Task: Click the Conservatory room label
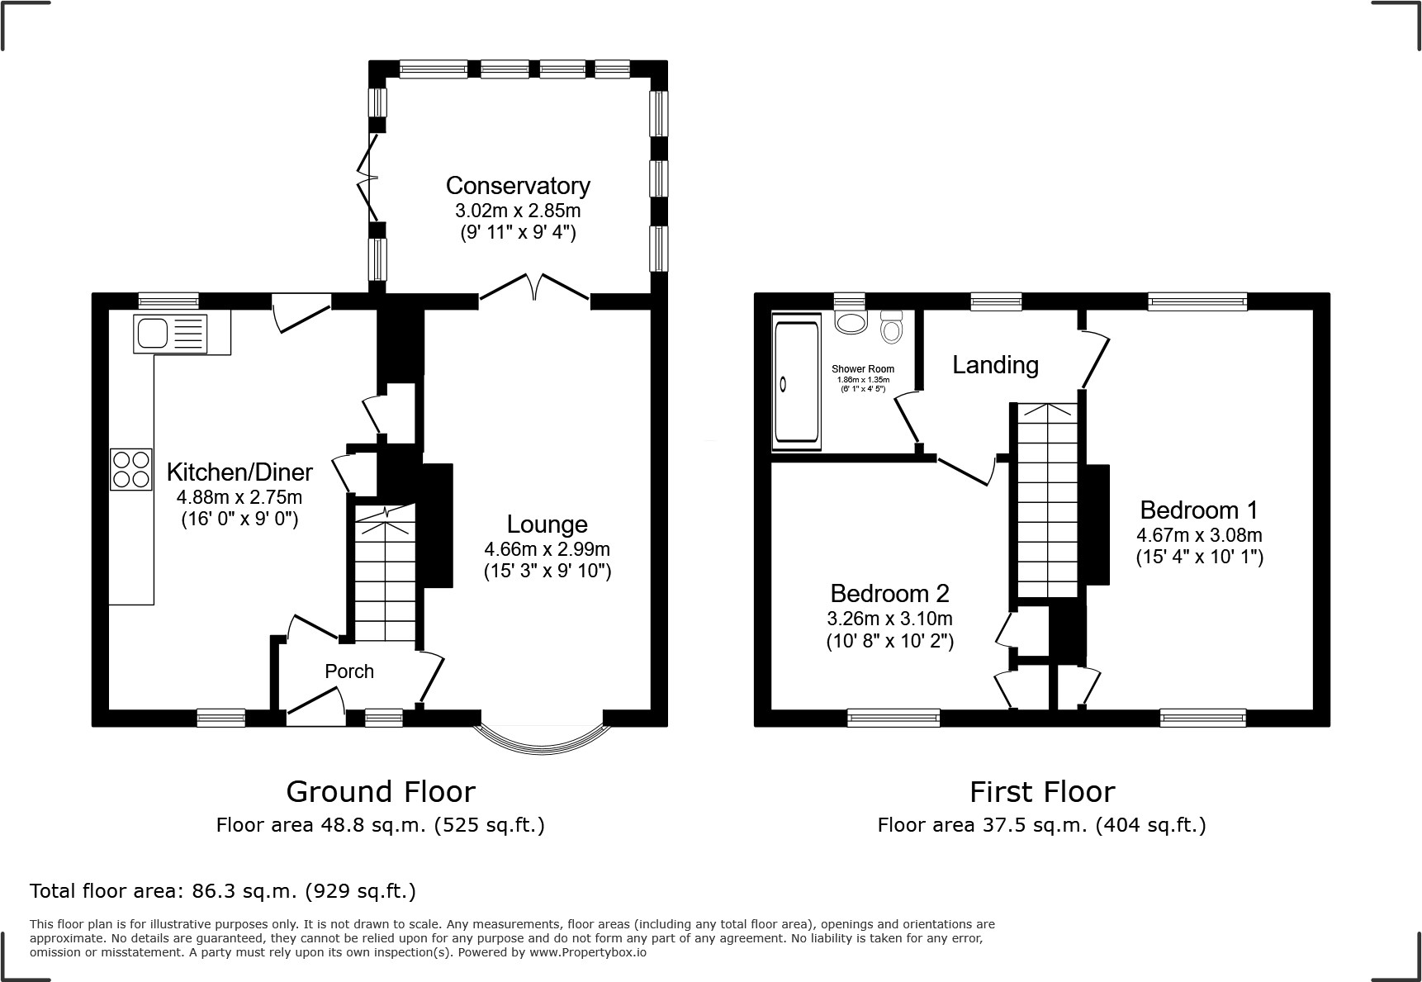coord(518,185)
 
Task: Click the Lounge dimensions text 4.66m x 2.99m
coord(547,548)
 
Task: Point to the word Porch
coord(349,671)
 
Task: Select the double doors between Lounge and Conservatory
coord(535,290)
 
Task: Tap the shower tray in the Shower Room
coord(796,384)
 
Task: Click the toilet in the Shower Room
coord(892,328)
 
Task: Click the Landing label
coord(995,364)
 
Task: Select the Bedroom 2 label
coord(889,593)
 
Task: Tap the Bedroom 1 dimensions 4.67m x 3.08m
coord(1199,534)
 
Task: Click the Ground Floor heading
coord(381,791)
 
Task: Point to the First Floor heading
coord(1042,791)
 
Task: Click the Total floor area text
coord(223,891)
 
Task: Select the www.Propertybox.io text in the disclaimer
coord(587,952)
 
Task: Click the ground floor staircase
coord(386,578)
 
